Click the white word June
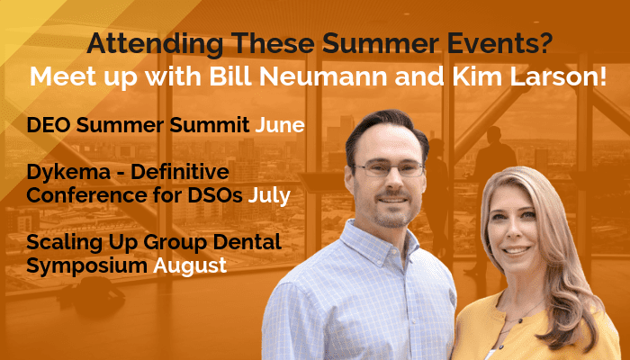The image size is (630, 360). coord(280,125)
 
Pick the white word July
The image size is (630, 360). coord(269,196)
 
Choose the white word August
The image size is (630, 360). coord(190,266)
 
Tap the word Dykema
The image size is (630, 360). coord(68,173)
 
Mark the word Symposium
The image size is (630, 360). coord(86,266)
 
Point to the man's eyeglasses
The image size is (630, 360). coord(388,169)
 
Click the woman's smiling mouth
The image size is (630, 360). coord(516,251)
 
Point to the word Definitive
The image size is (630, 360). coord(180,172)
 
